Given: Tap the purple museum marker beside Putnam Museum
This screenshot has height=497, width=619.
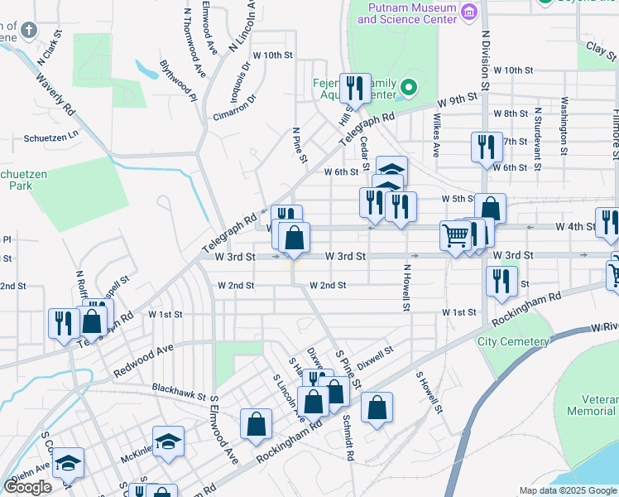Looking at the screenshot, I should point(469,11).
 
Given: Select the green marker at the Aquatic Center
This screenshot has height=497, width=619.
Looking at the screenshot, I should point(407,87).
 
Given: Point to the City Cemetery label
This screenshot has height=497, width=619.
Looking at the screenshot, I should point(513,341).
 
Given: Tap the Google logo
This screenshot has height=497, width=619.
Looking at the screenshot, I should point(27,487).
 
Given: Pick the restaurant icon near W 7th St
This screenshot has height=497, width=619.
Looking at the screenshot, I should point(486,147).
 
